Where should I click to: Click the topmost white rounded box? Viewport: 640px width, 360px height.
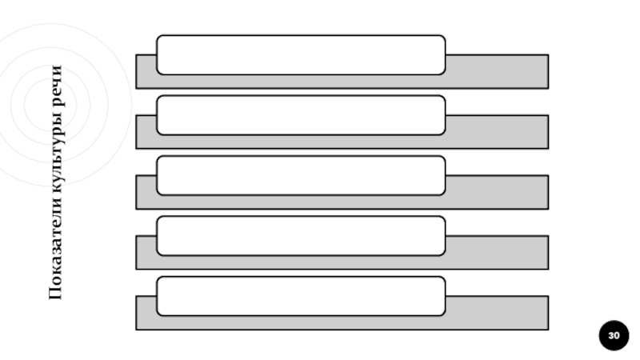[x=301, y=54]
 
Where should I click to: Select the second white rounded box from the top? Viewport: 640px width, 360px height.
[x=301, y=115]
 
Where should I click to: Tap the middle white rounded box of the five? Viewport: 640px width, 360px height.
[x=301, y=175]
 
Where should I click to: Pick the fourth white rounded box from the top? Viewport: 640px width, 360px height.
[x=301, y=235]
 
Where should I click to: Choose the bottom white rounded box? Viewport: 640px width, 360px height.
[x=301, y=296]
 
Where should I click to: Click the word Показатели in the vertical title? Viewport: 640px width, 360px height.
[x=55, y=255]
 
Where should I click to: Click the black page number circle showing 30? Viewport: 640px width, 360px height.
[x=614, y=335]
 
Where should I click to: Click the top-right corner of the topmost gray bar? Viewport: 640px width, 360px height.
[x=547, y=55]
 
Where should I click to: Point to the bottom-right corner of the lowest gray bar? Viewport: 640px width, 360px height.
[x=547, y=329]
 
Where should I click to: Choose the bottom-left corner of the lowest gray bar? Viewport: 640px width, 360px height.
[x=137, y=329]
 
